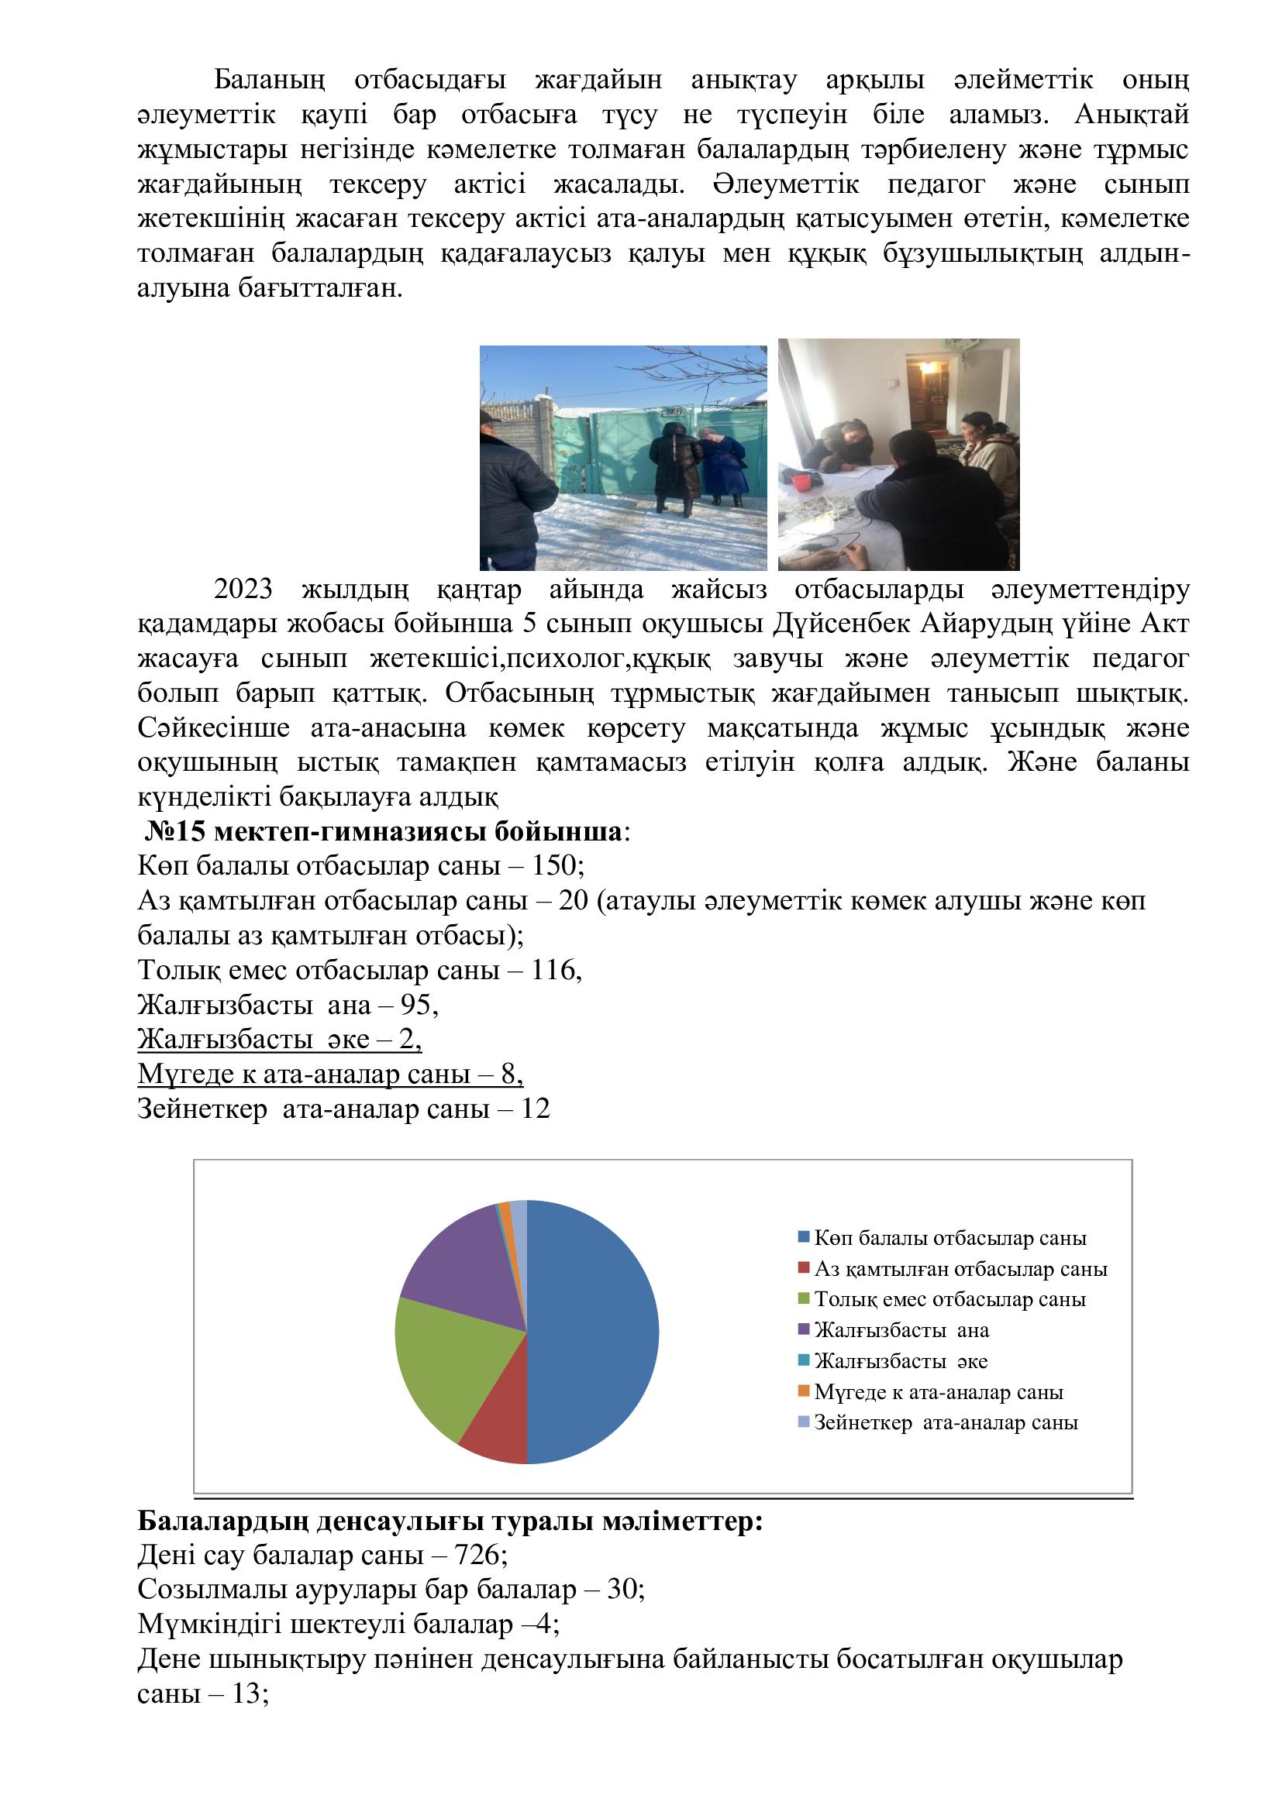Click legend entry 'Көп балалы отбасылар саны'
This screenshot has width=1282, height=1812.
tap(949, 1238)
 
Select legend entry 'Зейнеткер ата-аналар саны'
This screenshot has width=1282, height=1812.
tap(946, 1422)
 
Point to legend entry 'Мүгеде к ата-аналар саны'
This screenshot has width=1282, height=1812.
tap(939, 1392)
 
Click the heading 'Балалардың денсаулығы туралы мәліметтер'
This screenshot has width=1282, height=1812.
tap(450, 1521)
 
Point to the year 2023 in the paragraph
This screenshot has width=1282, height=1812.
tap(243, 589)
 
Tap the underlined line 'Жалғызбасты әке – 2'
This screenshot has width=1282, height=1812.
tap(280, 1040)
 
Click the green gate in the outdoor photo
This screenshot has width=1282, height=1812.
tap(608, 454)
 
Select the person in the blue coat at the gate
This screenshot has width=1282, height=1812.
tap(724, 466)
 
